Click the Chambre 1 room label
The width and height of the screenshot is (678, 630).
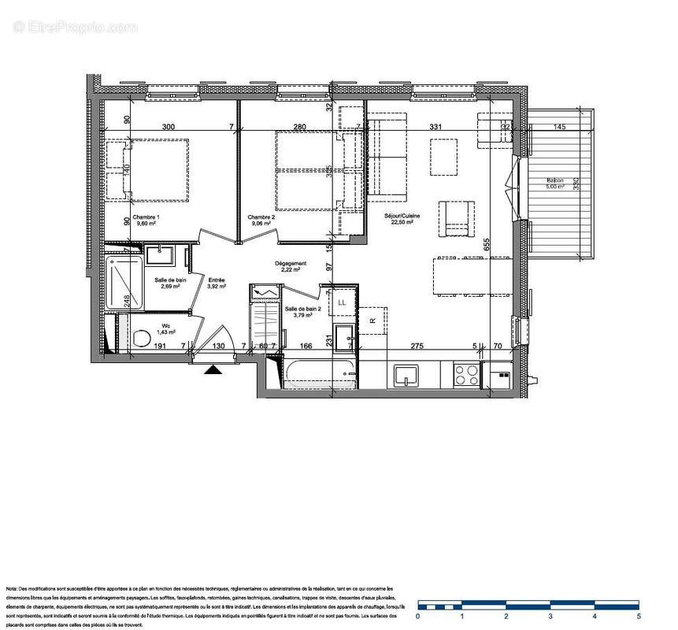tap(146, 217)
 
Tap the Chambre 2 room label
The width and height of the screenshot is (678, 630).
tap(261, 217)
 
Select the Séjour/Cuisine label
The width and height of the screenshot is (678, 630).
tap(402, 217)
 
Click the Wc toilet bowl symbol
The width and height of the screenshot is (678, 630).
tap(142, 339)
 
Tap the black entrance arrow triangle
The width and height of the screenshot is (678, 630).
tap(213, 370)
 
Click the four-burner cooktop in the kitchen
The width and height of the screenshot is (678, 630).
tap(466, 374)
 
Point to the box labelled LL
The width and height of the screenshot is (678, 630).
tap(342, 302)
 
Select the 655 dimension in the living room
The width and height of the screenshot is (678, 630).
tap(487, 244)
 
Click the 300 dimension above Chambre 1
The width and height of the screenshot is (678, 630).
tap(168, 126)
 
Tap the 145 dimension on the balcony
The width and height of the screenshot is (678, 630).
tap(559, 126)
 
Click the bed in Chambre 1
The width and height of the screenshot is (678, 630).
tap(156, 169)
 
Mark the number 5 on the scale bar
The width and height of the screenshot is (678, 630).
tap(639, 617)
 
